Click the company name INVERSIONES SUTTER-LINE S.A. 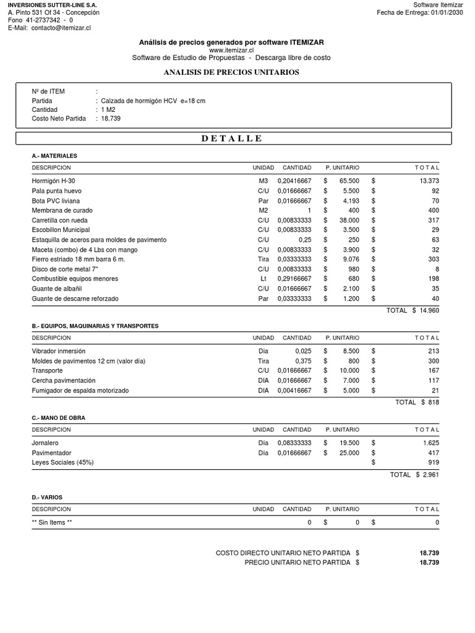coord(53,4)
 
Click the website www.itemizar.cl coord(231,50)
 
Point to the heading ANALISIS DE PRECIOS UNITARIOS coord(231,72)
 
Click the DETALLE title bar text coord(232,138)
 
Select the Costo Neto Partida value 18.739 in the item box coord(111,118)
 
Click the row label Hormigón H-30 coord(54,181)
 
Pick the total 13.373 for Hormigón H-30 coord(428,181)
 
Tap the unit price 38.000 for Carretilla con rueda coord(349,220)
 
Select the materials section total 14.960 coord(429,310)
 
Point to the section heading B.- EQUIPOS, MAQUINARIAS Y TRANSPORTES coord(95,326)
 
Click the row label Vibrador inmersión coord(59,351)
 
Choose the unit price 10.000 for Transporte coord(349,371)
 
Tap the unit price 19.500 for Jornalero coord(349,443)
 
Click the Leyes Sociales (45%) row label coord(63,462)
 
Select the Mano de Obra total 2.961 coord(430,475)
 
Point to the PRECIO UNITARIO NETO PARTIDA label coord(297,563)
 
